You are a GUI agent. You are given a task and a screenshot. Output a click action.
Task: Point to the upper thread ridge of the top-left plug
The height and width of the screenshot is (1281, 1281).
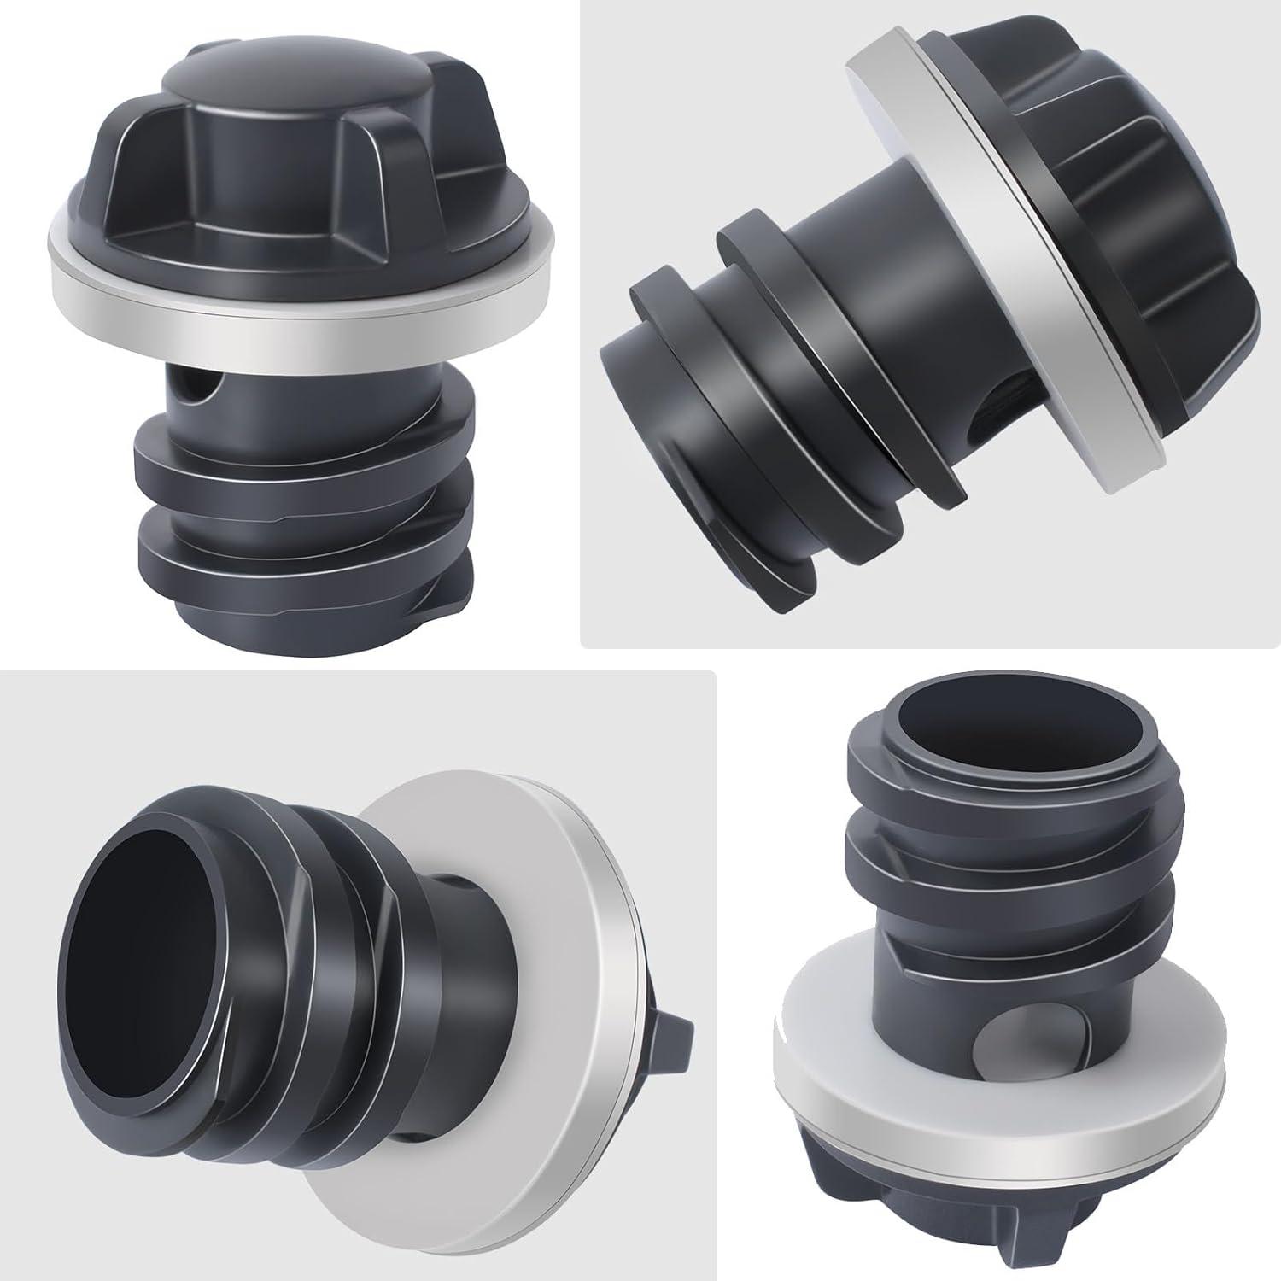[x=299, y=444]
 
